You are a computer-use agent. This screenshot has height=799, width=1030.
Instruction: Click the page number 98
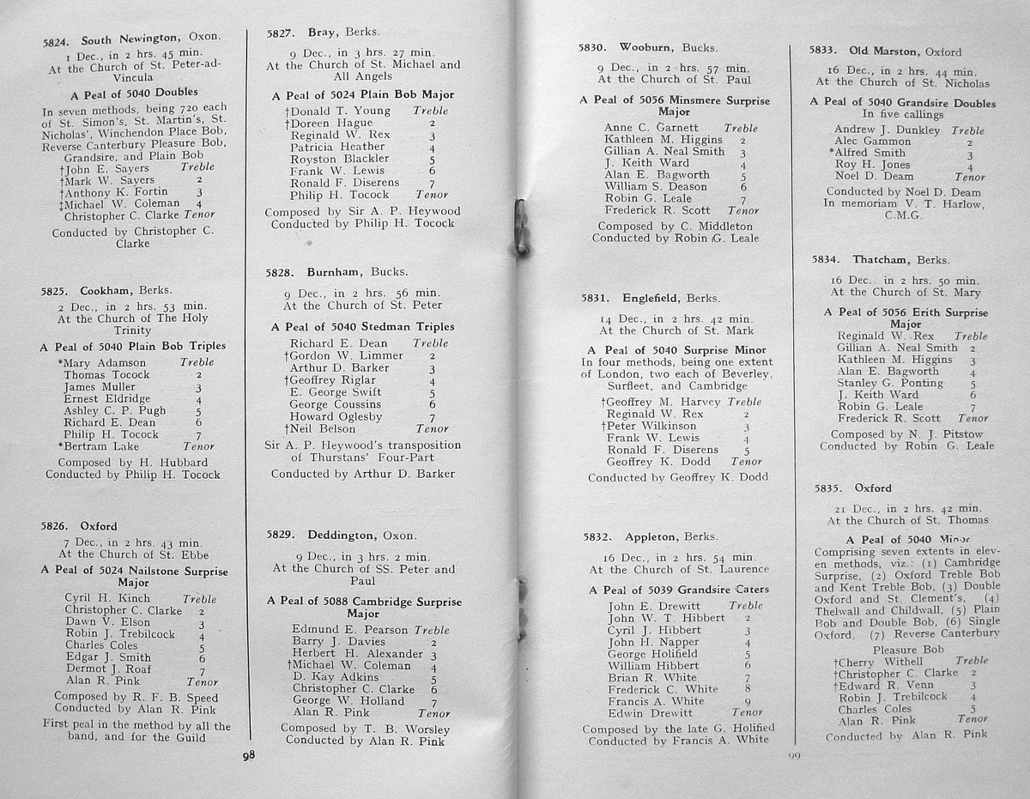pos(249,755)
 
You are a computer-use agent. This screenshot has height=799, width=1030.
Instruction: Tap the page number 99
pos(793,756)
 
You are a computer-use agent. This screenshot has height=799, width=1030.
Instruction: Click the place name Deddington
pos(339,534)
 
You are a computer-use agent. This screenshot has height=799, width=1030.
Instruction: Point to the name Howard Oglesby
pos(336,417)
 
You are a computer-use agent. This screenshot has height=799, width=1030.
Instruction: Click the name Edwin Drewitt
pos(650,712)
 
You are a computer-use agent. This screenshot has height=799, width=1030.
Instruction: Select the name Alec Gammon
pos(873,142)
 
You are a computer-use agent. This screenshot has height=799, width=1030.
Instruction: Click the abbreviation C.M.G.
pos(903,215)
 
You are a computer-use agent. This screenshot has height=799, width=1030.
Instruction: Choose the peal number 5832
pos(598,537)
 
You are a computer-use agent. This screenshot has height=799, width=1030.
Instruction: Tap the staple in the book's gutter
pos(520,227)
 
